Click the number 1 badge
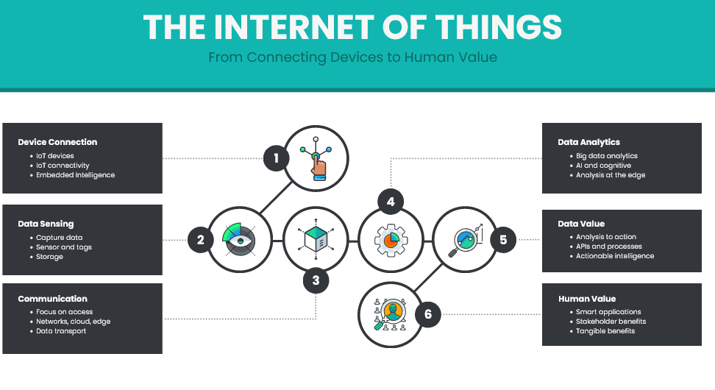pyautogui.click(x=276, y=158)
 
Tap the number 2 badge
pyautogui.click(x=199, y=239)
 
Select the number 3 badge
pyautogui.click(x=316, y=280)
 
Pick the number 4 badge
pyautogui.click(x=391, y=201)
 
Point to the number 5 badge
pyautogui.click(x=503, y=240)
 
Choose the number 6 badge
pyautogui.click(x=428, y=316)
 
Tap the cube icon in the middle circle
pyautogui.click(x=316, y=239)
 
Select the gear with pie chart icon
pyautogui.click(x=391, y=240)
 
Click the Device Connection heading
pyautogui.click(x=57, y=142)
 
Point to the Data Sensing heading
pyautogui.click(x=46, y=224)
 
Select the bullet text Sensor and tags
pyautogui.click(x=64, y=247)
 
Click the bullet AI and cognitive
pyautogui.click(x=603, y=166)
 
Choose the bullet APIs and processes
pyautogui.click(x=609, y=247)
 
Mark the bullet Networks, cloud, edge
pyautogui.click(x=74, y=322)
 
